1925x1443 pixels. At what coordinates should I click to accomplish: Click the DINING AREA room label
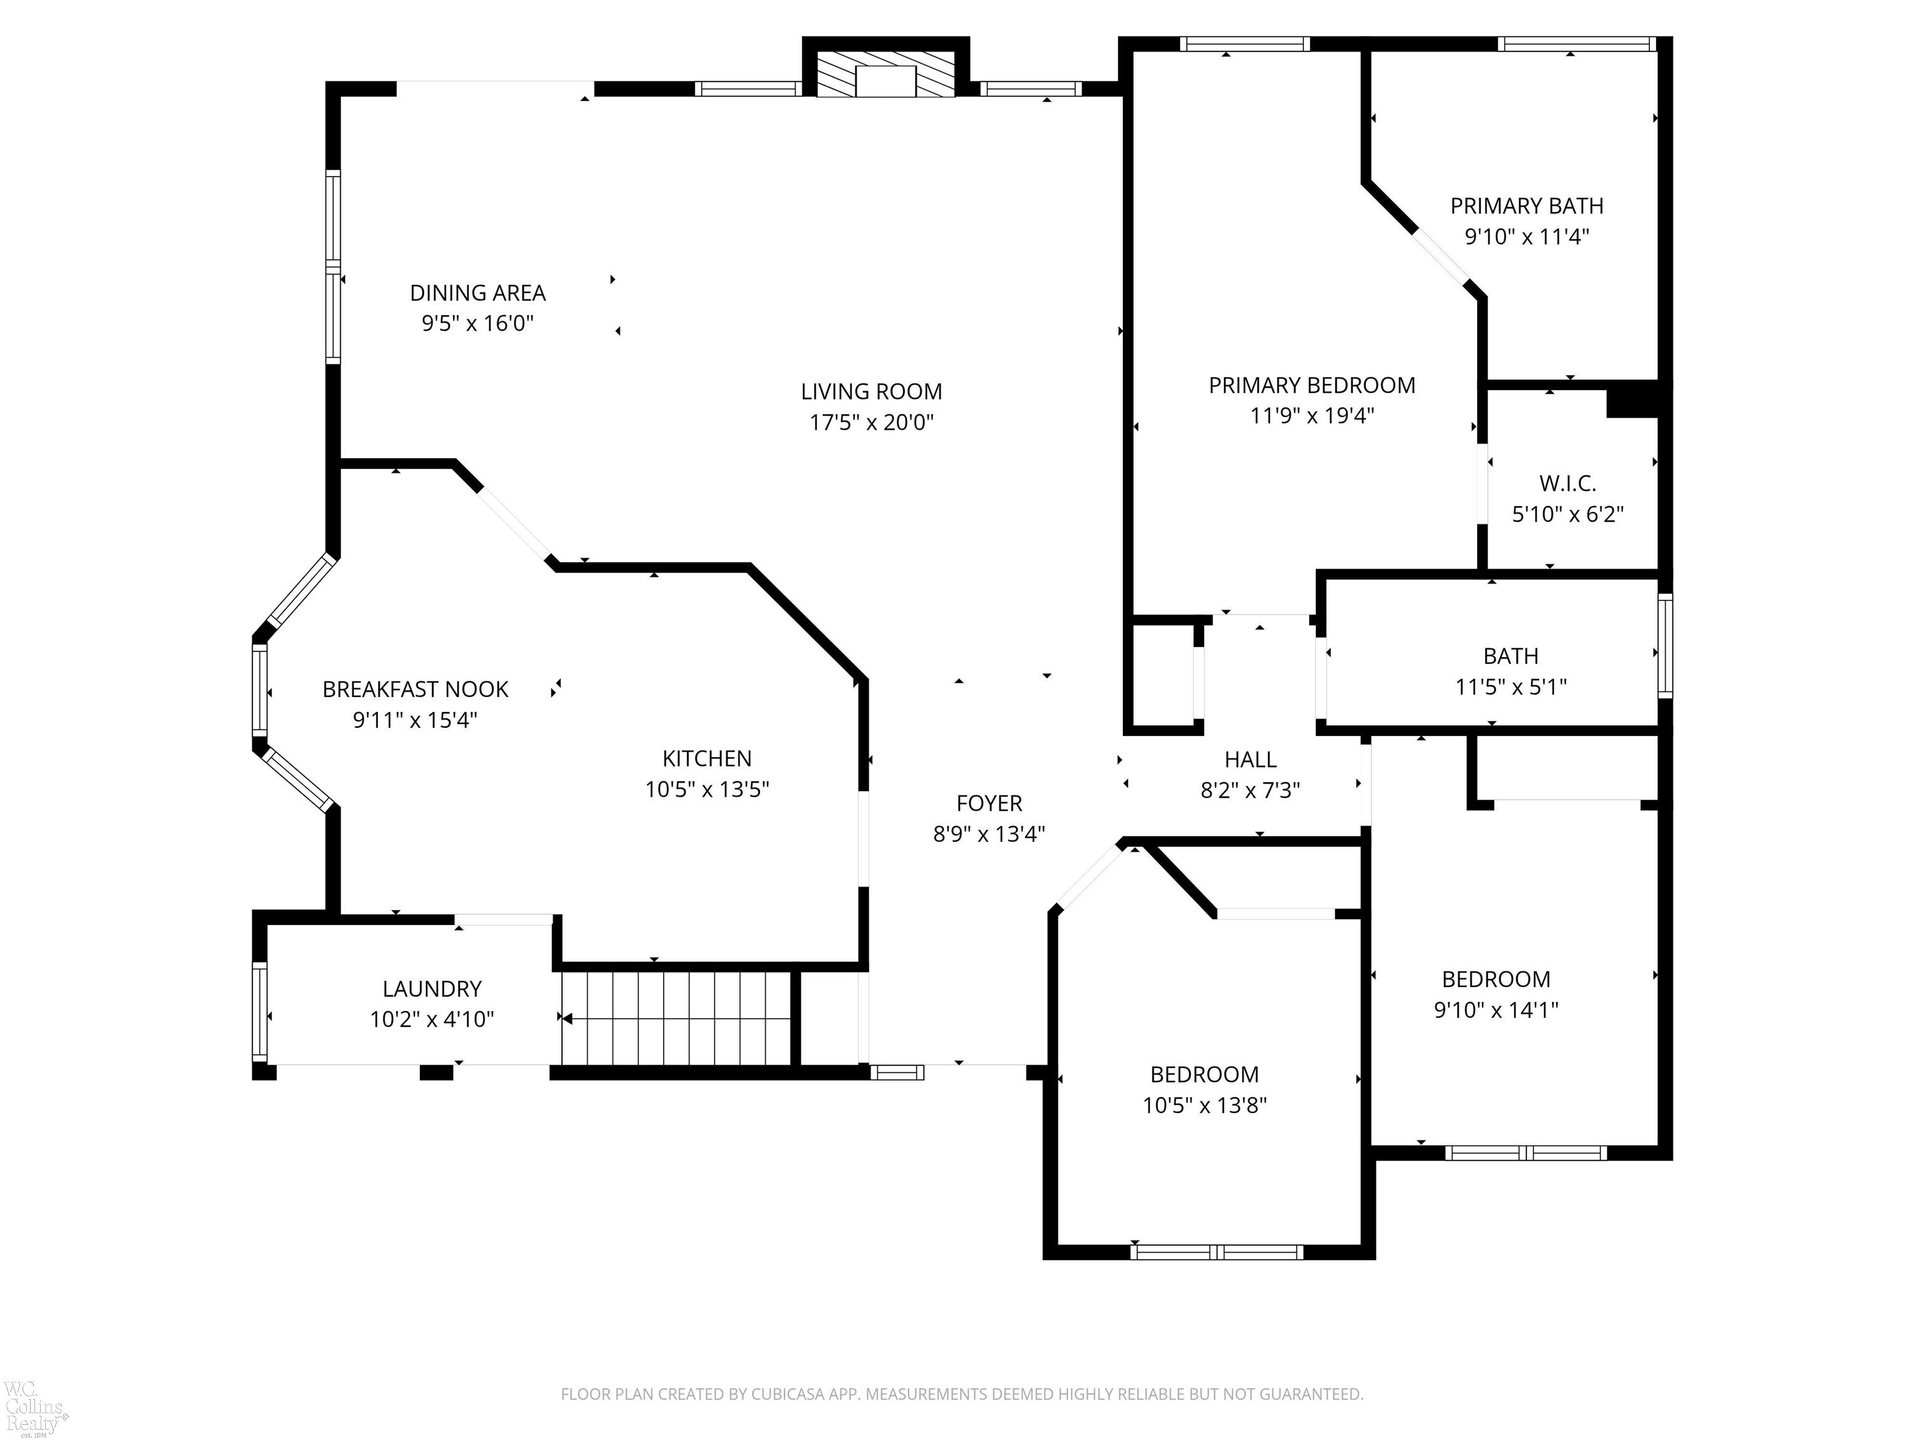click(477, 293)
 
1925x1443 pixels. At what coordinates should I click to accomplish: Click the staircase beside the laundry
click(676, 1018)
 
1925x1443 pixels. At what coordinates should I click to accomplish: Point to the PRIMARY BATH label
click(1526, 206)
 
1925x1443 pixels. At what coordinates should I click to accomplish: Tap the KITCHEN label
click(707, 758)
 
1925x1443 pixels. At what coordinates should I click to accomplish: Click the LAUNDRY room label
click(432, 989)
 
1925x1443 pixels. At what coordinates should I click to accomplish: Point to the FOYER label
click(989, 804)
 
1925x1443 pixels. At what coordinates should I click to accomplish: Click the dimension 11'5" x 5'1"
click(1511, 687)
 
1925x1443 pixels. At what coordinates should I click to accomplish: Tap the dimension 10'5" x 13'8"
click(1204, 1105)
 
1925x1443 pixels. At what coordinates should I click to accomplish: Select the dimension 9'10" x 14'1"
click(1496, 1010)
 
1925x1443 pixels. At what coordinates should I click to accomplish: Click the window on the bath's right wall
click(1665, 645)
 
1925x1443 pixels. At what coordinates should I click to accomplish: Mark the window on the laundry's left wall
click(259, 1011)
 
